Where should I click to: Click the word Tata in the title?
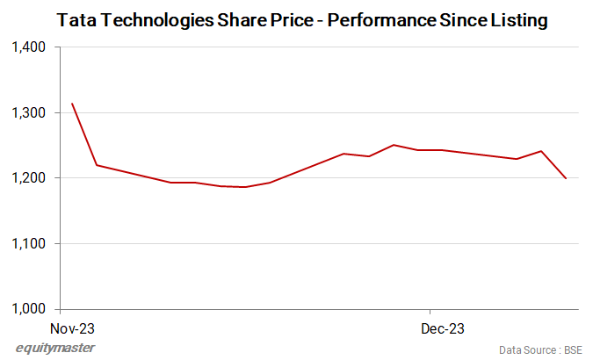point(75,18)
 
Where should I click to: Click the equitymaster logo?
point(55,348)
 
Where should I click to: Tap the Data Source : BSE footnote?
point(540,349)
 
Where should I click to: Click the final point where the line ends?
point(566,178)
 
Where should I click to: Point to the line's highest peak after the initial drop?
point(394,145)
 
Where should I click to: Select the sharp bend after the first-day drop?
point(96,165)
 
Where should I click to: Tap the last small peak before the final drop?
point(541,151)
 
